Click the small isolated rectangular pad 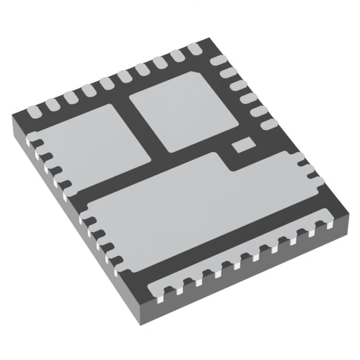point(242,144)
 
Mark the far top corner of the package point(201,42)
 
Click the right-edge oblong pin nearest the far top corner point(217,61)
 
